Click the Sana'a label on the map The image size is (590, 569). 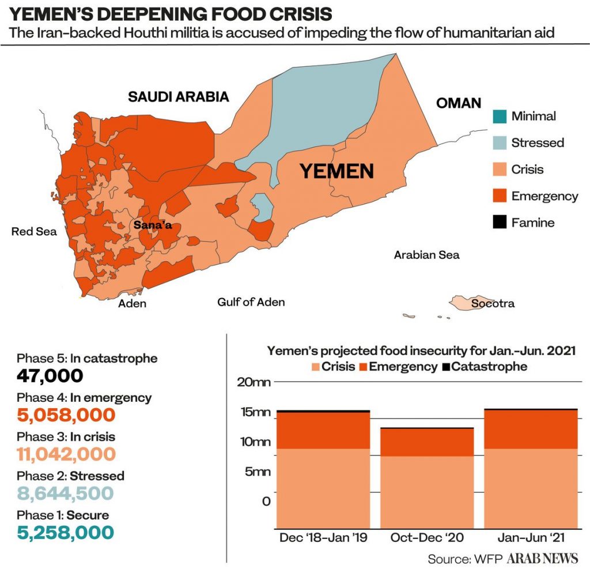click(x=153, y=225)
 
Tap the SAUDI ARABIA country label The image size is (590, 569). click(x=179, y=97)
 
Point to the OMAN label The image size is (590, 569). click(x=458, y=103)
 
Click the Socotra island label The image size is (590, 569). click(x=493, y=303)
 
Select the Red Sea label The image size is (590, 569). click(x=34, y=231)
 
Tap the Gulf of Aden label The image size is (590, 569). click(x=251, y=302)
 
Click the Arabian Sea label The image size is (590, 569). click(x=426, y=255)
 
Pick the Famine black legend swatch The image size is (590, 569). click(x=500, y=222)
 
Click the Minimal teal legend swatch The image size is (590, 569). click(x=500, y=116)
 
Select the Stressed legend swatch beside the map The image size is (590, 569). click(x=500, y=143)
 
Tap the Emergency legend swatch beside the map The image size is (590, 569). click(x=500, y=196)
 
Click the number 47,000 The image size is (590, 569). click(x=50, y=376)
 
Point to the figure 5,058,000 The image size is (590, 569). click(x=66, y=415)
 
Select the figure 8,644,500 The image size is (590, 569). click(x=65, y=493)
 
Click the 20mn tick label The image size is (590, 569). click(x=254, y=382)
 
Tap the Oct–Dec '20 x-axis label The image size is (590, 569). click(x=427, y=537)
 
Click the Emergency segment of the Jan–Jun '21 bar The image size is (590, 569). click(x=531, y=429)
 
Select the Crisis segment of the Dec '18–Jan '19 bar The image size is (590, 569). click(x=323, y=488)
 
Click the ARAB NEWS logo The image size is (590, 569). click(x=542, y=558)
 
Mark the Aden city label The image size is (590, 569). click(x=132, y=303)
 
